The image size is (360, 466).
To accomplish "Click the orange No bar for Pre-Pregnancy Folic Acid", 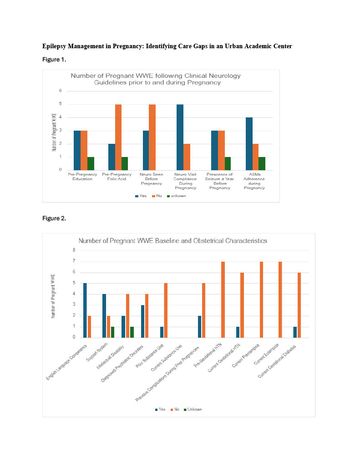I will pos(118,137).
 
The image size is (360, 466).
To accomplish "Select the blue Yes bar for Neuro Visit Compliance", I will pos(180,137).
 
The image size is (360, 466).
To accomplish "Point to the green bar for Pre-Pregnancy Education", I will pos(91,164).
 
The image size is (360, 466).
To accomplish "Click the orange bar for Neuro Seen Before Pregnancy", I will pos(152,137).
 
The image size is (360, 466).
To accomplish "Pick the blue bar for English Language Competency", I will pos(85,310).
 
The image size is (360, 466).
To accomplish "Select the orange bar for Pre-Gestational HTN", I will pos(223,299).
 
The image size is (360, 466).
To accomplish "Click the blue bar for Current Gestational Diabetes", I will pos(295,332).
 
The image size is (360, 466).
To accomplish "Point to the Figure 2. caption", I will pos(54,218).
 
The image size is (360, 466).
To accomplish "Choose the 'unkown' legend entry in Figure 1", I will pos(178,196).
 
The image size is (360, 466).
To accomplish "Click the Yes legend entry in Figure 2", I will pos(160,410).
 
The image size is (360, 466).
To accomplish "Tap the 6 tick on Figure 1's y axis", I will pos(61,91).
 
